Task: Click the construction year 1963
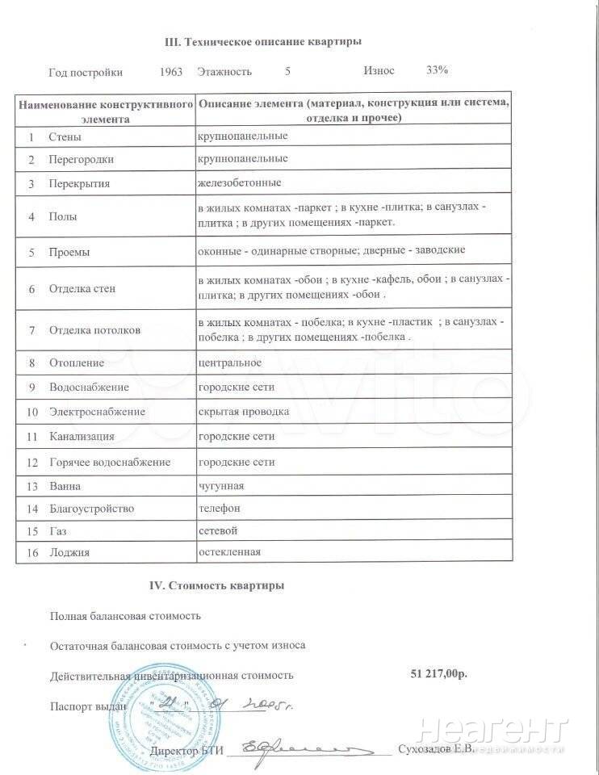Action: coord(172,71)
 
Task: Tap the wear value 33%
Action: coord(437,70)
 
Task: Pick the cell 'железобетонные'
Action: coord(240,182)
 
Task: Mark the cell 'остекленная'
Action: coord(230,552)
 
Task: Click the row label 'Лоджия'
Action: coord(69,553)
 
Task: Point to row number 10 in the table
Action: coord(32,413)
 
